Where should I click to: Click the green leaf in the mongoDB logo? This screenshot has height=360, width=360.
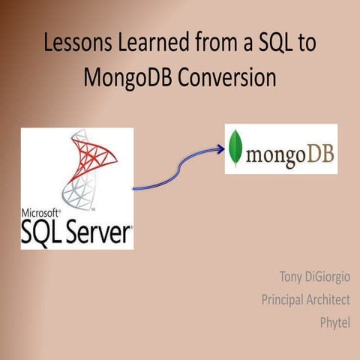point(237,148)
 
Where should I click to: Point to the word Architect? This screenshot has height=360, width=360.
point(327,300)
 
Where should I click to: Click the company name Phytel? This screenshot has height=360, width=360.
point(334,322)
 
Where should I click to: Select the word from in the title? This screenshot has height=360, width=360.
point(217,43)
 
